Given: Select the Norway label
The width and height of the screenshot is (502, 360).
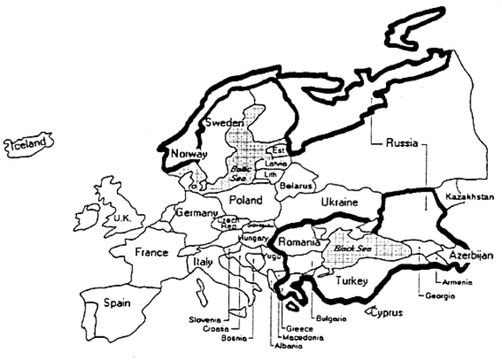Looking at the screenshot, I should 190,153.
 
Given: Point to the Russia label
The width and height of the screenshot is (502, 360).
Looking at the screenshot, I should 405,144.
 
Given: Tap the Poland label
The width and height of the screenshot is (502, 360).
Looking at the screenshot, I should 246,200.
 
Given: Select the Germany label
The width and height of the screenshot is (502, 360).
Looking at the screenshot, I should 195,214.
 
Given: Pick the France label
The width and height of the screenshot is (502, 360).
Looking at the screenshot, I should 151,253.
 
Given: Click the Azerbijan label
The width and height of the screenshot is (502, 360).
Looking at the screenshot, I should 471,256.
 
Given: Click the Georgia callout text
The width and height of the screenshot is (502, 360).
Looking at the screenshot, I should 439,295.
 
